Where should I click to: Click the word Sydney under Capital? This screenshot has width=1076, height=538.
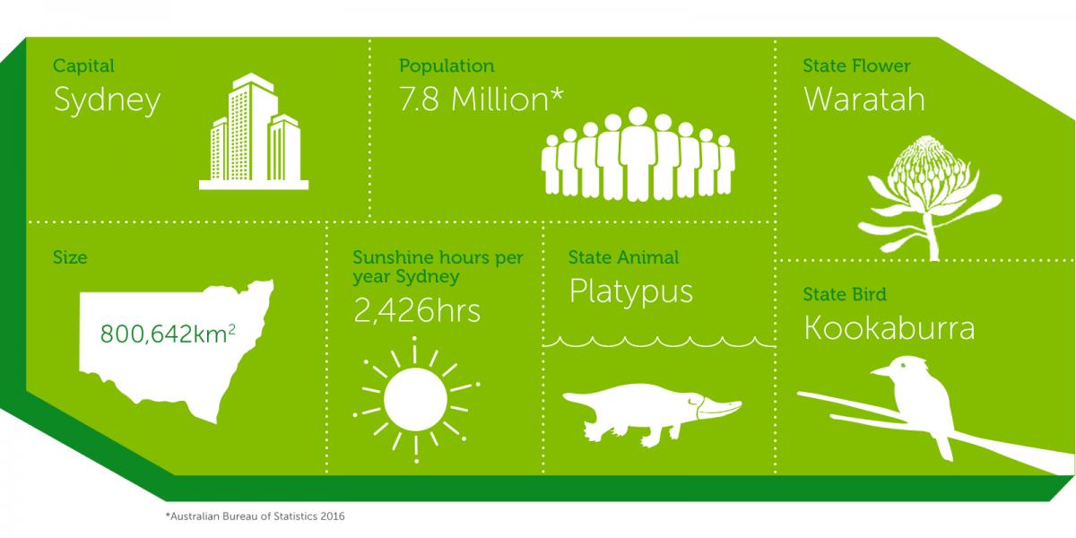tap(107, 100)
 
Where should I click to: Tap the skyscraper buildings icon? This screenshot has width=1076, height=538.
tap(254, 131)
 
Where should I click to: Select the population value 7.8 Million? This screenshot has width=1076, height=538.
tap(481, 100)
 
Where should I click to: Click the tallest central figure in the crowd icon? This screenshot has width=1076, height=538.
tap(638, 153)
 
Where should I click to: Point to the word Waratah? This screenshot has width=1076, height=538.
tap(863, 100)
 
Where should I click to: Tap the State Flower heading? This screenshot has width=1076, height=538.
tap(856, 65)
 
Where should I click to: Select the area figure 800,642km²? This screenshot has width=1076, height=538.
tap(168, 334)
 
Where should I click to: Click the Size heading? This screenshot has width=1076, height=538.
tap(70, 257)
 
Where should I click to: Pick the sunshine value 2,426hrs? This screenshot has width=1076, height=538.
tap(417, 311)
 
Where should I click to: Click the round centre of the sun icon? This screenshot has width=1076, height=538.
tap(415, 399)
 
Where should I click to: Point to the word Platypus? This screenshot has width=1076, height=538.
tap(630, 291)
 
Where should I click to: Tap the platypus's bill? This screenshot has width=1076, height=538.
tap(719, 407)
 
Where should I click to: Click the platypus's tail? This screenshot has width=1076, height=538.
tap(579, 399)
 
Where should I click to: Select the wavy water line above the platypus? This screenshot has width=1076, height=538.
tap(659, 342)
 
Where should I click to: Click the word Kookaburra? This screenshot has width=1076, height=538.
tap(889, 328)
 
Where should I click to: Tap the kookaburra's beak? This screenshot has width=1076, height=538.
tap(881, 370)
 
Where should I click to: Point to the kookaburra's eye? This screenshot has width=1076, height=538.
tap(903, 366)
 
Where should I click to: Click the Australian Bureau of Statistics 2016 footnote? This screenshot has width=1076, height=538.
tap(255, 516)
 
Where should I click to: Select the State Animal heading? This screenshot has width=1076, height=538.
tap(623, 257)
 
